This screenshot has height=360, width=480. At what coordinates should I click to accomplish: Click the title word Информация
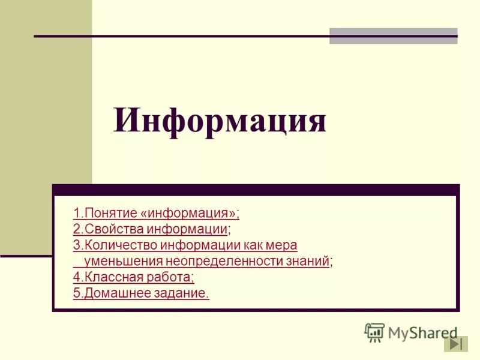click(x=220, y=121)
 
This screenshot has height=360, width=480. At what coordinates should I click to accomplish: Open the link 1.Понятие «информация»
click(x=156, y=213)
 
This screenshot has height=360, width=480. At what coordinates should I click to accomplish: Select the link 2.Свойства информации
click(x=150, y=229)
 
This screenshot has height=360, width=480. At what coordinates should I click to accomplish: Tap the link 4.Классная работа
click(x=133, y=277)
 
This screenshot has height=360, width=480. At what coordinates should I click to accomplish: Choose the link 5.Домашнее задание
click(x=141, y=293)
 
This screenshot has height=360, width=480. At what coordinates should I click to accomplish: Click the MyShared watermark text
click(x=422, y=332)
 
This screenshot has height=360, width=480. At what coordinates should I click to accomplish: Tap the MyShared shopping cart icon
click(x=374, y=332)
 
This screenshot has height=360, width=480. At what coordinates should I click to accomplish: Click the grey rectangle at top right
click(x=393, y=35)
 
